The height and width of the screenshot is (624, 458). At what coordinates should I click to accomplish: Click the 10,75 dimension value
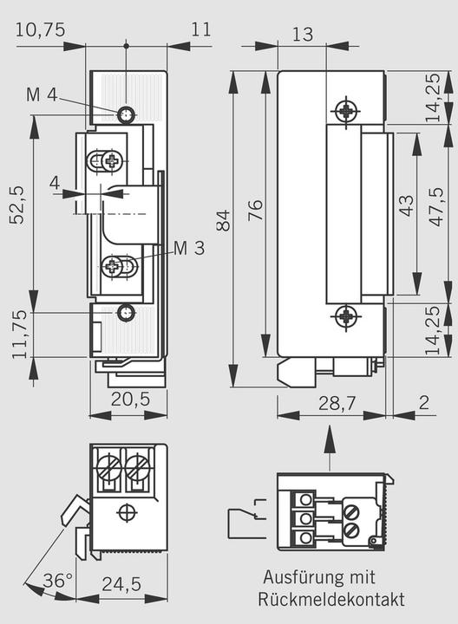click(40, 29)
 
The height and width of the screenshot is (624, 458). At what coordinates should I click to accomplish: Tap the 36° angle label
click(58, 582)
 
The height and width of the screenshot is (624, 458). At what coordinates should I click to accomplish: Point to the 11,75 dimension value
click(17, 333)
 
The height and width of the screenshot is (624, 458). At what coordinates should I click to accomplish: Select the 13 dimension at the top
click(302, 34)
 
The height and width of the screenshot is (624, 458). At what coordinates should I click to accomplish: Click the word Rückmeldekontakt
click(330, 599)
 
